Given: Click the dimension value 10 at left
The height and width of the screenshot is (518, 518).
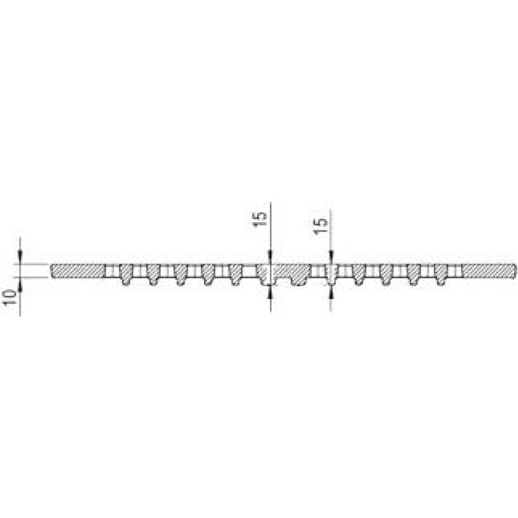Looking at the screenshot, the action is click(10, 297).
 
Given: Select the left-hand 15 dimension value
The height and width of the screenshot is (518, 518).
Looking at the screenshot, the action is click(260, 219).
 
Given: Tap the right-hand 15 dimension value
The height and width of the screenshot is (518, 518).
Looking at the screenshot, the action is click(321, 226).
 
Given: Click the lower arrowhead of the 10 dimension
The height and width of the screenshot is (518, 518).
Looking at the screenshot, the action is click(20, 285).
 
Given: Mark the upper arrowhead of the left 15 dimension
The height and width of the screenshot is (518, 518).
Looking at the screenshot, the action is click(270, 256).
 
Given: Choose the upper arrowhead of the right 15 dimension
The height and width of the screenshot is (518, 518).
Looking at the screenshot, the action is click(331, 256).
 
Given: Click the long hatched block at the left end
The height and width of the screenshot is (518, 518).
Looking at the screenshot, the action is click(78, 271).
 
